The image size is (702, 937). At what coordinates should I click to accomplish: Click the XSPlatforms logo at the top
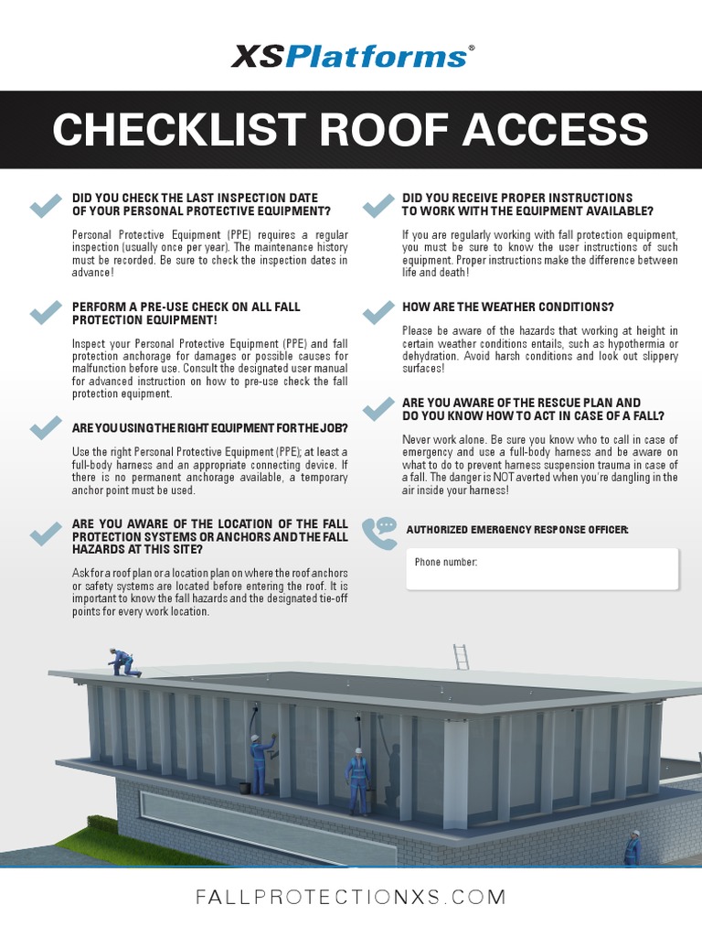click(351, 56)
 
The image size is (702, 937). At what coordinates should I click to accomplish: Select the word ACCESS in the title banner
click(555, 130)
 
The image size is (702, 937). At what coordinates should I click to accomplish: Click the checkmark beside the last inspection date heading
click(45, 205)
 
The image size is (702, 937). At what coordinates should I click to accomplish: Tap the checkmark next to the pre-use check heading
click(45, 314)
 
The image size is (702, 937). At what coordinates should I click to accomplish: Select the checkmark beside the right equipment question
click(45, 427)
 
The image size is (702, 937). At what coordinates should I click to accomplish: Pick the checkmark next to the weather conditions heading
click(377, 313)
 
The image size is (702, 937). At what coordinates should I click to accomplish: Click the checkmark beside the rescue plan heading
click(377, 409)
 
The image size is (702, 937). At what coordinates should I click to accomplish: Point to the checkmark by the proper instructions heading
click(377, 205)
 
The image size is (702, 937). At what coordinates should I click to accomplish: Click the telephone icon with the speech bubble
click(378, 531)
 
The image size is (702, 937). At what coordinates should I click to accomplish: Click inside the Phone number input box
click(542, 568)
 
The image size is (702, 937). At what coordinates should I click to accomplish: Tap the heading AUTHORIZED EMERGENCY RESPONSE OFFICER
click(516, 530)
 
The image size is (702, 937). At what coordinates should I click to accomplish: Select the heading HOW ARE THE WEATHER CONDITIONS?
click(507, 307)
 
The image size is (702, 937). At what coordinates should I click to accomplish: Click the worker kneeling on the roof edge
click(122, 662)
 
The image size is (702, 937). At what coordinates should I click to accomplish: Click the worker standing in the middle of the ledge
click(357, 781)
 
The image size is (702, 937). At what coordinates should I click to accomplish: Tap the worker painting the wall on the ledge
click(261, 763)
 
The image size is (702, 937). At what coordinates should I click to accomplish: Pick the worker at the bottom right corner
click(633, 848)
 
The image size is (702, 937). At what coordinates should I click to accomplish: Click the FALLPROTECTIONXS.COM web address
click(351, 898)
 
